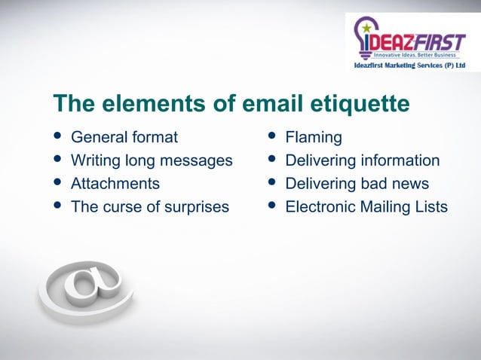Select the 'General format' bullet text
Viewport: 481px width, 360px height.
[x=124, y=138]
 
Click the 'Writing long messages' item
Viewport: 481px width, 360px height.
[x=152, y=160]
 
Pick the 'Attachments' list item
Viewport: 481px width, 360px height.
[x=115, y=183]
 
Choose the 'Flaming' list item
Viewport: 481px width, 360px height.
[x=313, y=138]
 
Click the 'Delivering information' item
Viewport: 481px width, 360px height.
[x=362, y=160]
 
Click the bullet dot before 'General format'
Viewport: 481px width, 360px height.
[x=57, y=138]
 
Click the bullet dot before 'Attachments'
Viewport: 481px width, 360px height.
[x=57, y=183]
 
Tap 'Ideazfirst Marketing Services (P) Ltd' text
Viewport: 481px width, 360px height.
[x=409, y=66]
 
